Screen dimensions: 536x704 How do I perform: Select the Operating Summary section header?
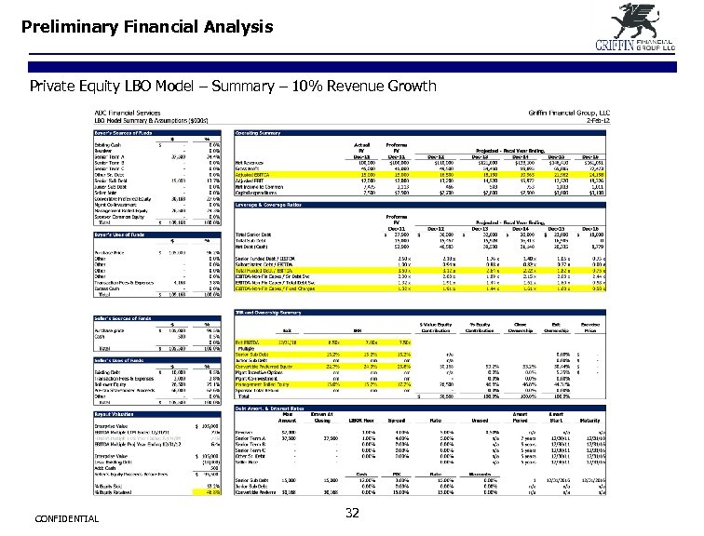(x=260, y=133)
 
